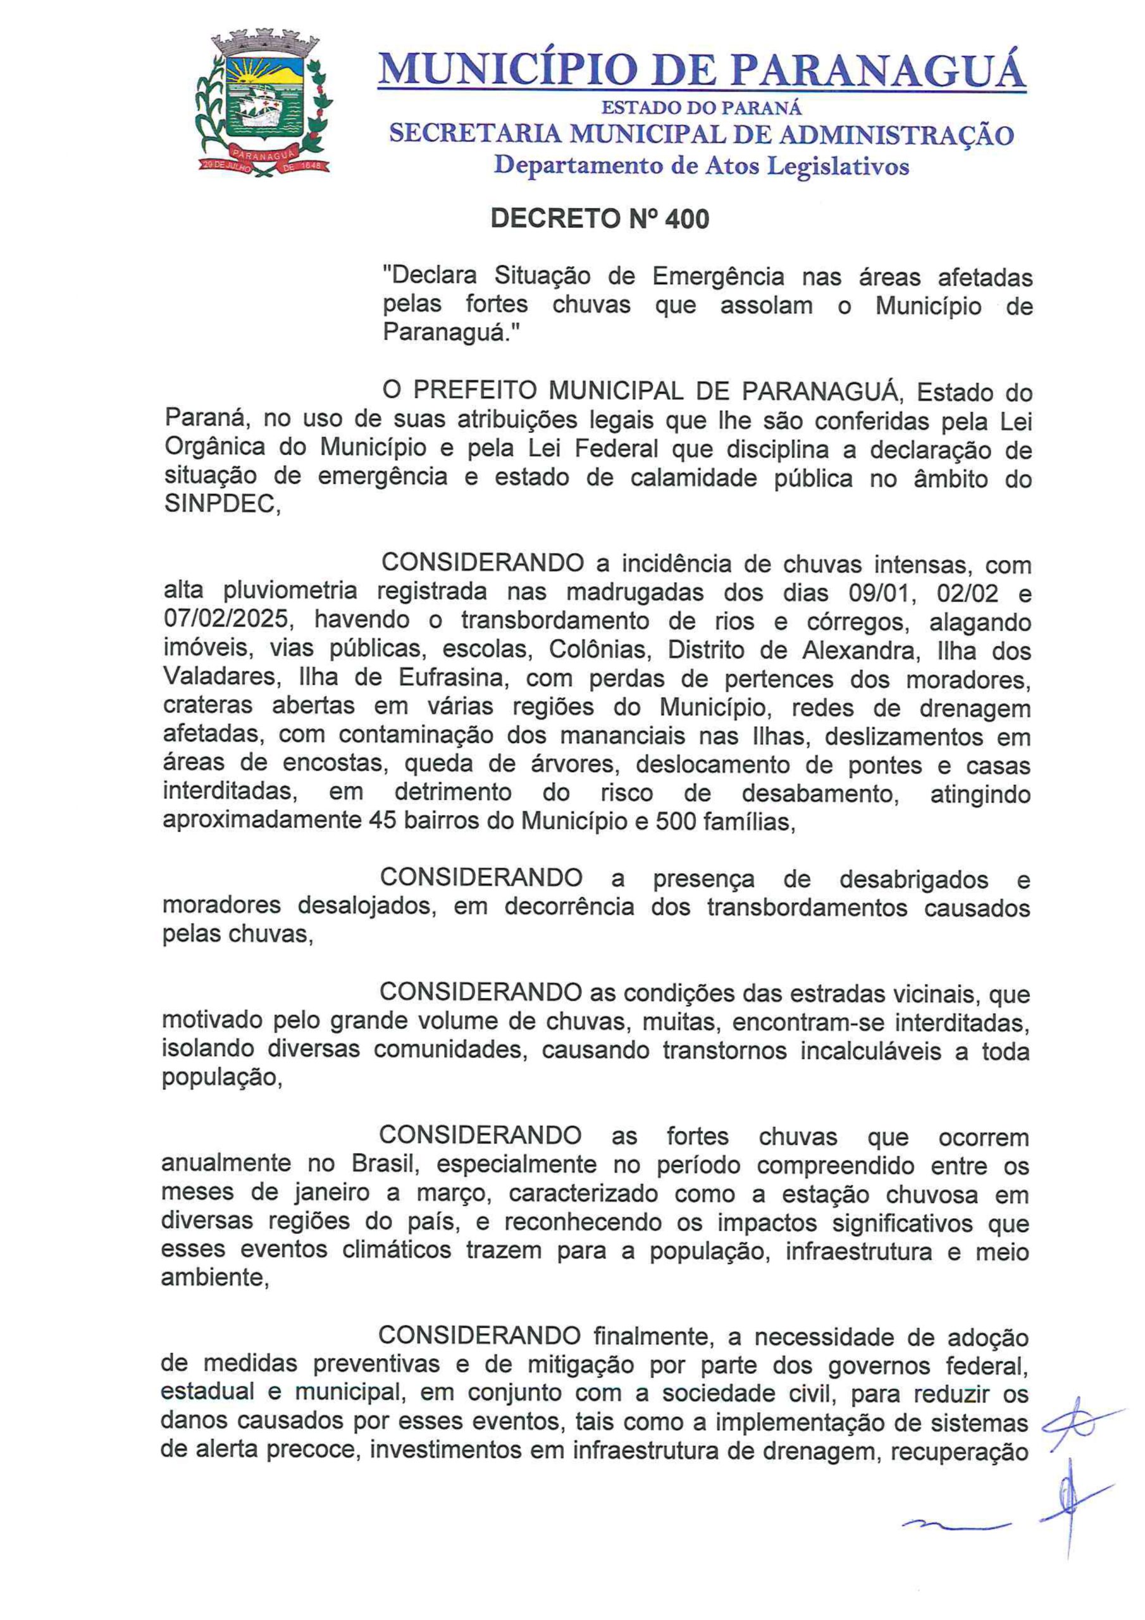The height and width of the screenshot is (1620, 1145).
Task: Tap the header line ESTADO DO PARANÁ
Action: (x=702, y=109)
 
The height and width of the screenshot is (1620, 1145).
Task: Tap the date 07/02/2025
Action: (x=226, y=620)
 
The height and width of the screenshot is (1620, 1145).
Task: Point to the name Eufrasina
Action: (x=452, y=678)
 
